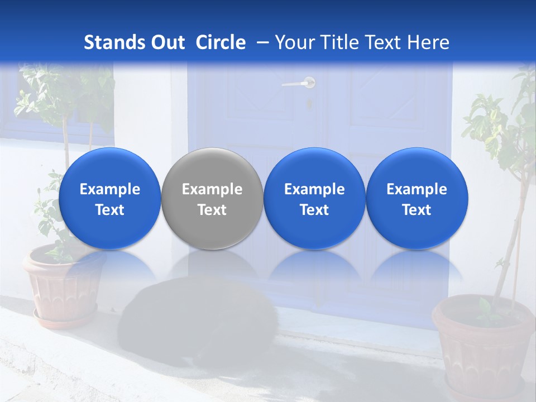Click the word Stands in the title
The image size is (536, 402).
tap(114, 42)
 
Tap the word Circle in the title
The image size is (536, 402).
tap(221, 42)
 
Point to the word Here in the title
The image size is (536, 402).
tap(428, 42)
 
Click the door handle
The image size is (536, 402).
tap(299, 84)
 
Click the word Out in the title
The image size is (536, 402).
tap(167, 42)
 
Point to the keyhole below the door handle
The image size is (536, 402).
tap(309, 103)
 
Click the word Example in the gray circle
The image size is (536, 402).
tap(212, 189)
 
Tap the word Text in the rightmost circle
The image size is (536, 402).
tap(417, 210)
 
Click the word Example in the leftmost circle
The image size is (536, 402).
tap(109, 189)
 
